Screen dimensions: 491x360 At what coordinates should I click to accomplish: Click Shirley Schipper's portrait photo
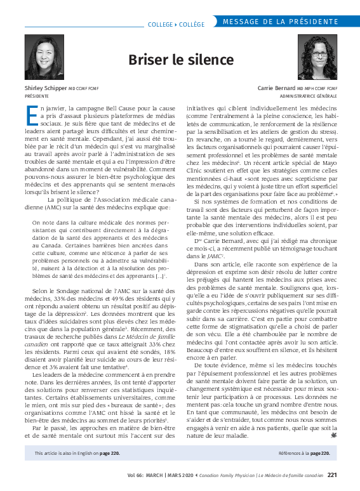point(44,56)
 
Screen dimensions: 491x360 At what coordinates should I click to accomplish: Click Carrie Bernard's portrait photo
point(317,57)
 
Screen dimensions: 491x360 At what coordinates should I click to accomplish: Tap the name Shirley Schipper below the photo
point(44,88)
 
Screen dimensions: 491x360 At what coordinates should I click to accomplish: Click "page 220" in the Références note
point(319,454)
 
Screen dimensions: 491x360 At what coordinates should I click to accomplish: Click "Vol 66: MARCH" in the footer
point(145,475)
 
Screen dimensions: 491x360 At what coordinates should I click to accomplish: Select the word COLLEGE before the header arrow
point(159,24)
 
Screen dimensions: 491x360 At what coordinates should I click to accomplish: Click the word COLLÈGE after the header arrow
point(191,24)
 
